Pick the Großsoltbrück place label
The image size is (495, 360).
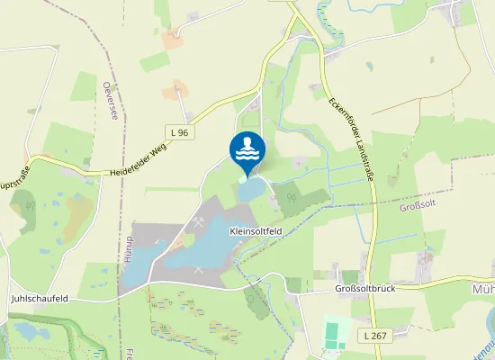coord(364,289)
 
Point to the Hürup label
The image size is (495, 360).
coord(129,248)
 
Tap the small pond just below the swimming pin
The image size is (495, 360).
coord(251,189)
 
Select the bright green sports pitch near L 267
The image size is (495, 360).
coord(337,334)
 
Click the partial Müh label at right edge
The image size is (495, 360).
coord(482,290)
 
